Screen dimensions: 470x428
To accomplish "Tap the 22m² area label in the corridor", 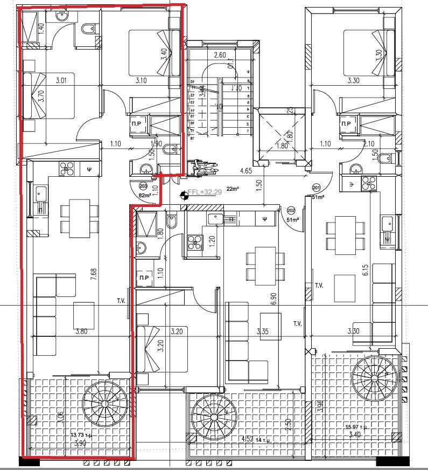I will coord(233,189).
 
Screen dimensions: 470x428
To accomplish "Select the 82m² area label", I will coord(145,196).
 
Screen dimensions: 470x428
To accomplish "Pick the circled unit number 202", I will coord(291,210).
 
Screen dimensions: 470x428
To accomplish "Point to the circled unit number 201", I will coord(316,188).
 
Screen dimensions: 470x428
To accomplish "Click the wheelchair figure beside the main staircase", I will coord(203,167).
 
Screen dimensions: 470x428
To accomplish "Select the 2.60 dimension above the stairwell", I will coord(219,55).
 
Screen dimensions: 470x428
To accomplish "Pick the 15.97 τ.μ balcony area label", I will coord(357,428).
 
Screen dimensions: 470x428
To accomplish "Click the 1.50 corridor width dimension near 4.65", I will coord(259,186).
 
